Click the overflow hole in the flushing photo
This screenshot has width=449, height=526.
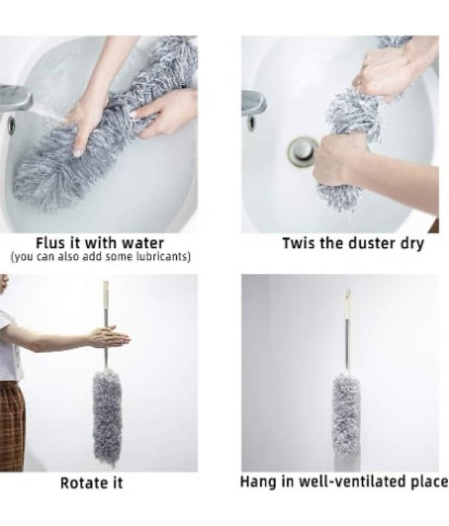coord(12,124)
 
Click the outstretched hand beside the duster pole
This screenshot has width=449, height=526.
coord(108,337)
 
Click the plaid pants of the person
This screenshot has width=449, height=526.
coord(11,426)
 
